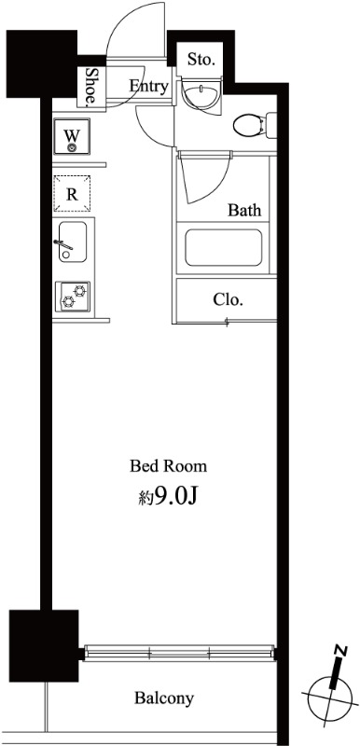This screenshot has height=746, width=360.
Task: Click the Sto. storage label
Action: pyautogui.click(x=201, y=60)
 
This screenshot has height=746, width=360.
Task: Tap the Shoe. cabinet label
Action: pyautogui.click(x=90, y=86)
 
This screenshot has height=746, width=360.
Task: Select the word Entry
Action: pyautogui.click(x=149, y=86)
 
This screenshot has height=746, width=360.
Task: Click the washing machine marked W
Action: pyautogui.click(x=72, y=136)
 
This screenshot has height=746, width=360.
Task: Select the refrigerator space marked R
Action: pyautogui.click(x=72, y=194)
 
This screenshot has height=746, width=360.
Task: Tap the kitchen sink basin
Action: pyautogui.click(x=73, y=242)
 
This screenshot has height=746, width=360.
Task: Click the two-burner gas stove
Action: pyautogui.click(x=73, y=297)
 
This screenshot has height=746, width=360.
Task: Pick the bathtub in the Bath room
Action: pyautogui.click(x=224, y=247)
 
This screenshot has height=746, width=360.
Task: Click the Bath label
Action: pyautogui.click(x=245, y=210)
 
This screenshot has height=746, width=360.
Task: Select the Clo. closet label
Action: pyautogui.click(x=228, y=299)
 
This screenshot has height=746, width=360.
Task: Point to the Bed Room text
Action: pyautogui.click(x=169, y=465)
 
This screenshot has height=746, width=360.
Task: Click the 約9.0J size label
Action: pyautogui.click(x=167, y=497)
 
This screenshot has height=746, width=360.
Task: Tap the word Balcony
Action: pyautogui.click(x=164, y=698)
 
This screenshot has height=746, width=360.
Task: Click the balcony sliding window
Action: pyautogui.click(x=179, y=652)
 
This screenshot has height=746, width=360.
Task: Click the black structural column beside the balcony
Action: pyautogui.click(x=44, y=645)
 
